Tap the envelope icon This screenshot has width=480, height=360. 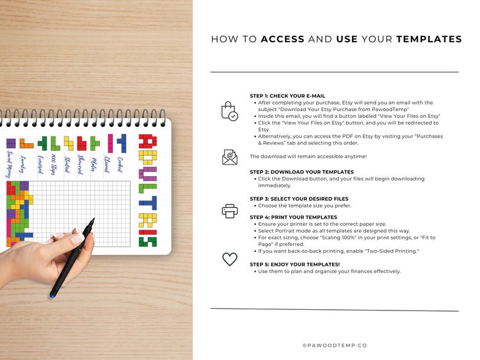click(229, 157)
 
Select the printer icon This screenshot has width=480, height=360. click(229, 211)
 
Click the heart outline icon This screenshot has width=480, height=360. click(229, 259)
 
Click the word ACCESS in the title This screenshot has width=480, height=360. click(282, 39)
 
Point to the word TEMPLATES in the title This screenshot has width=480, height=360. click(429, 39)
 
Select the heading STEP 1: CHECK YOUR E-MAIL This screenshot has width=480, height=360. click(287, 96)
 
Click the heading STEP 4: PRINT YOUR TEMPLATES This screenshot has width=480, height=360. click(293, 217)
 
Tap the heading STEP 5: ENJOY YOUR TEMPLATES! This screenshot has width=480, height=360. click(295, 265)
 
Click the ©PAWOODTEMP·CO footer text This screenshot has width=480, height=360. click(334, 346)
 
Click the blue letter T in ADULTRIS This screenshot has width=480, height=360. click(148, 202)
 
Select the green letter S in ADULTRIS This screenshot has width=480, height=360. click(148, 241)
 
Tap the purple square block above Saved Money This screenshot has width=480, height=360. click(11, 143)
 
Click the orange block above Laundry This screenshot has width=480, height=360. click(26, 144)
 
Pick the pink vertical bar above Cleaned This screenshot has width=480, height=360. click(110, 143)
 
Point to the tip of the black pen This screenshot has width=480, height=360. click(93, 220)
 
